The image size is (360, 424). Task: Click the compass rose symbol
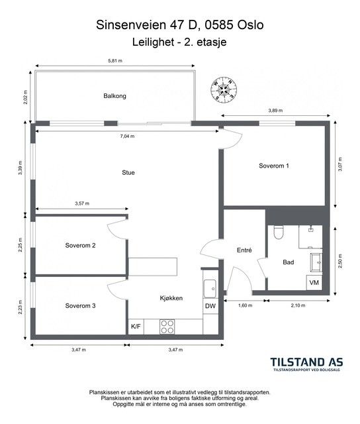[x=224, y=89]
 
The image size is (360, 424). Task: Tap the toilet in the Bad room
[x=279, y=233]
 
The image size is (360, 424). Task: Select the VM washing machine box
[x=314, y=283]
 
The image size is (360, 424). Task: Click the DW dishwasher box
[x=210, y=306]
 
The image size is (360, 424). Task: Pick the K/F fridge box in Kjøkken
[x=136, y=327]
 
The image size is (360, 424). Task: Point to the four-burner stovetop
[x=167, y=327]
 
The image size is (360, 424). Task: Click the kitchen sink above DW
[x=210, y=289]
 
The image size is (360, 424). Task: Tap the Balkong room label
[x=114, y=96]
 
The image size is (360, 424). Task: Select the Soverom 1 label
[x=274, y=166]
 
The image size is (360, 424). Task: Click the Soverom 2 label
[x=80, y=246]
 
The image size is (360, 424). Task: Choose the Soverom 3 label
[x=80, y=306]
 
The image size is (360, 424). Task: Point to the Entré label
[x=244, y=250]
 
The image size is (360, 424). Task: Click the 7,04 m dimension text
[x=127, y=136]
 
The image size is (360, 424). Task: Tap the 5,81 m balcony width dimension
[x=115, y=61]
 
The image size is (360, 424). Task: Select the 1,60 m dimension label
[x=246, y=305]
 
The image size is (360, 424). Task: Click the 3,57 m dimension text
[x=82, y=203]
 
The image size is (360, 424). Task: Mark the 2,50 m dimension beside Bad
[x=340, y=261]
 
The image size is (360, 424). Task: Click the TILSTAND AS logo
[x=307, y=364]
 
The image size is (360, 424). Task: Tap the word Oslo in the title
[x=250, y=25]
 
